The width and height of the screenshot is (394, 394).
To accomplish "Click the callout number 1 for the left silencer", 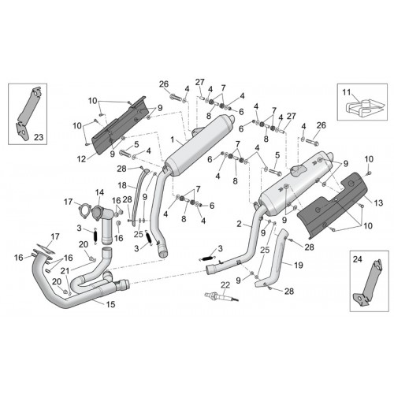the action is (173, 139).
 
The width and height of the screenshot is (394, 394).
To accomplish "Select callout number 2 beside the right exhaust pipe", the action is (239, 224).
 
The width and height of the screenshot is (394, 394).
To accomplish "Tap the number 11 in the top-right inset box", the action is (347, 92).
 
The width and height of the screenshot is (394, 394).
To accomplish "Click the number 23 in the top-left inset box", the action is (39, 137).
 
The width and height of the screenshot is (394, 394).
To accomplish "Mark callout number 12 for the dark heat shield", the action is (81, 159).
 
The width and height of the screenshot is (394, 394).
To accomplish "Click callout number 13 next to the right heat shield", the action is (378, 203).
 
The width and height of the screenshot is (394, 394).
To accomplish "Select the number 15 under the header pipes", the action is (110, 304).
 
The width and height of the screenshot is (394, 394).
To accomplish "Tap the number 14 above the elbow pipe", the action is (99, 192).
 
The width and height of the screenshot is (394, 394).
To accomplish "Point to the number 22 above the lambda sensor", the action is (225, 284).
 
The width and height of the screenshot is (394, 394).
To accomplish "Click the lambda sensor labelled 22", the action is (221, 297).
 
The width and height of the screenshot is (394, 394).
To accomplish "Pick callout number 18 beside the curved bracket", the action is (122, 185).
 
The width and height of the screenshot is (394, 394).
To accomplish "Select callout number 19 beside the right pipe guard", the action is (299, 266).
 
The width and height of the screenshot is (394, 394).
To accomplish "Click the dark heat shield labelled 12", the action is (118, 126).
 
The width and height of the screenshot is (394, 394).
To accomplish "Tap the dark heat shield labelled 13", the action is (333, 203).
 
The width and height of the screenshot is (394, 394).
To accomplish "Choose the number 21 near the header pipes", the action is (65, 271).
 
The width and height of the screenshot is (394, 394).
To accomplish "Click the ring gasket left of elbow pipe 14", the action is (84, 211).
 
